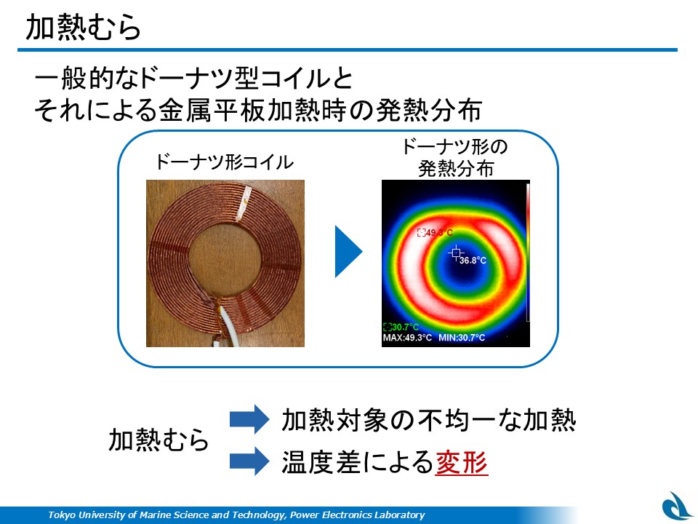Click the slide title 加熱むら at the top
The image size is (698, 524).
(x=83, y=27)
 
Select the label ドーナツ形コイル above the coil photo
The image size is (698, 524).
(x=224, y=162)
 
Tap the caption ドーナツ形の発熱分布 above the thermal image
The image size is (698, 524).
(x=455, y=158)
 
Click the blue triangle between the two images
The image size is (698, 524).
(x=348, y=252)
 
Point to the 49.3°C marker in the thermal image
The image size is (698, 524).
(x=435, y=233)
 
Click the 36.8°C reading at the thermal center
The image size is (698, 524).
(x=473, y=261)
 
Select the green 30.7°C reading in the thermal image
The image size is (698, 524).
(x=401, y=327)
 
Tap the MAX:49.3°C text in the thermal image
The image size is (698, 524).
(x=407, y=338)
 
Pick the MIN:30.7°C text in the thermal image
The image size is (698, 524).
(x=462, y=338)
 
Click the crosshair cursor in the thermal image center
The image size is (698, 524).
(x=455, y=253)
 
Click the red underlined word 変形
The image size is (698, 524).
(x=461, y=462)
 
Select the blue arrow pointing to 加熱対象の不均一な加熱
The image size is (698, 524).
(x=249, y=419)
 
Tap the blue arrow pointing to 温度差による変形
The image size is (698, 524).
(x=249, y=461)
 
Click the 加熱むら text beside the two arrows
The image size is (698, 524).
(x=159, y=440)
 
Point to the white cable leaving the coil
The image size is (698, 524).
(x=228, y=327)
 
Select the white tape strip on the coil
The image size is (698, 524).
(x=244, y=203)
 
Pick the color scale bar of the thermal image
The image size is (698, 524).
(x=528, y=252)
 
